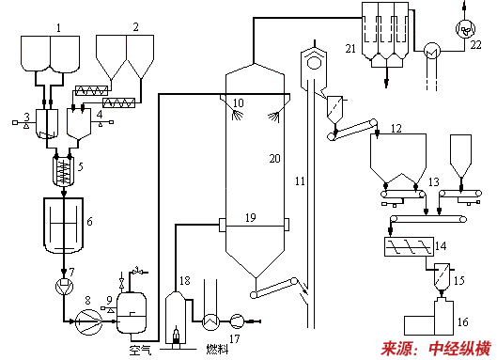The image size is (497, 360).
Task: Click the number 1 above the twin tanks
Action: (58, 28)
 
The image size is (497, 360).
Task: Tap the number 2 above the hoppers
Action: (135, 27)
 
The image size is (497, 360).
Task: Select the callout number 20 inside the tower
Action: (275, 158)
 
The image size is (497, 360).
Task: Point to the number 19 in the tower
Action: (251, 217)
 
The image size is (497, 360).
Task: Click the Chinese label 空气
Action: (140, 350)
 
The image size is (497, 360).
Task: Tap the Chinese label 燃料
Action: (217, 350)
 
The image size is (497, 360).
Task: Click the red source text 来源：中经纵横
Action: (436, 349)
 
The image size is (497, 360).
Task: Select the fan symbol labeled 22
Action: (465, 29)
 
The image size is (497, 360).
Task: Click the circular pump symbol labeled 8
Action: (88, 322)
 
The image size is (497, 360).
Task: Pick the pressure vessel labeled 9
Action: (132, 312)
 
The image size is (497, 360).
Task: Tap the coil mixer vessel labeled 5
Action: (64, 171)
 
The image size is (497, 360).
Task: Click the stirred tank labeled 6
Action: (64, 226)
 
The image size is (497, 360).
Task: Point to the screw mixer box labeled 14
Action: (409, 246)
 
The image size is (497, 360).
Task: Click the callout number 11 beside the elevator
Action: (300, 181)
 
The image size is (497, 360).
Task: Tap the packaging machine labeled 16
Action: (428, 318)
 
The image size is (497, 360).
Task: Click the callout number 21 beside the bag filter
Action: (350, 49)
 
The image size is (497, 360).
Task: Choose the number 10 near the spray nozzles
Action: (239, 102)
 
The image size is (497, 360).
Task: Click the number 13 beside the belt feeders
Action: (434, 181)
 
